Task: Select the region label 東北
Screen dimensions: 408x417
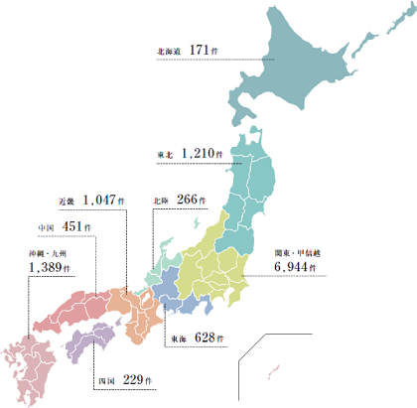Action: pos(165,156)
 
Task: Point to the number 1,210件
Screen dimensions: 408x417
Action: pos(203,155)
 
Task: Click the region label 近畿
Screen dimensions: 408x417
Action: pos(68,200)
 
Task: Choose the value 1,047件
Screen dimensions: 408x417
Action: pos(104,199)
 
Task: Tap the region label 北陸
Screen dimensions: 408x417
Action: pos(160,200)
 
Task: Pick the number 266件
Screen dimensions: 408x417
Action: pos(191,199)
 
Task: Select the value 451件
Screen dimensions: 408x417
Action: pos(76,226)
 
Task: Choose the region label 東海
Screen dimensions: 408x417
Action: pos(176,340)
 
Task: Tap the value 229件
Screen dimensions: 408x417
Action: pos(136,379)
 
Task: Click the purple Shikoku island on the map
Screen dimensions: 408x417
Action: pos(93,340)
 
